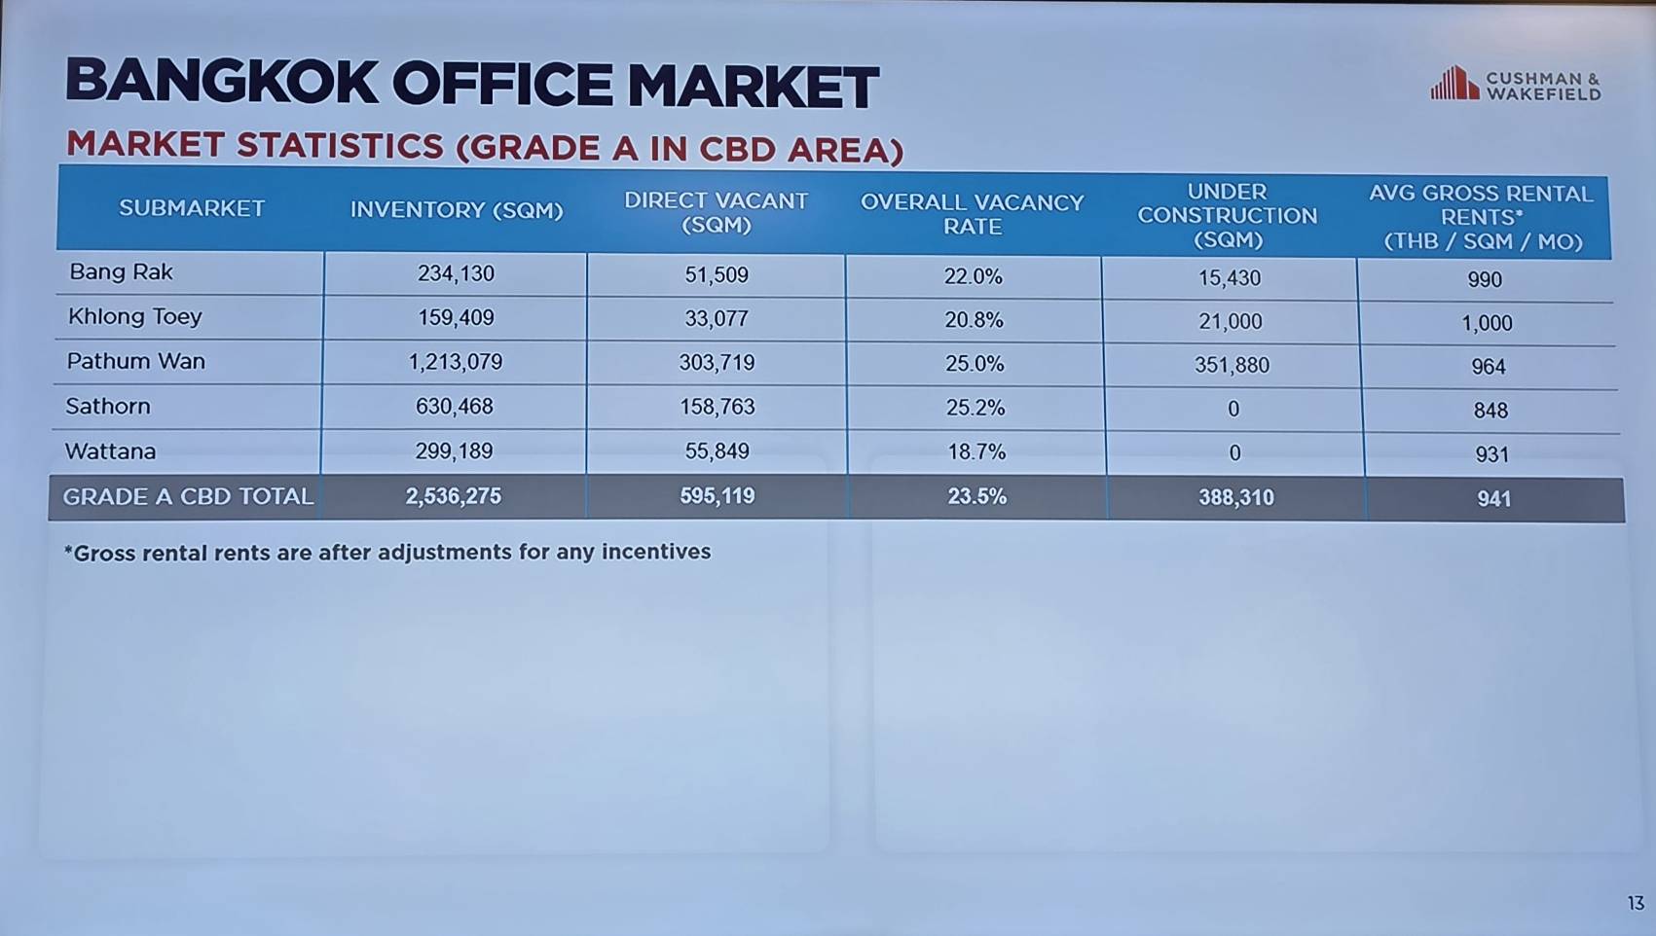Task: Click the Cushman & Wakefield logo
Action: [1516, 84]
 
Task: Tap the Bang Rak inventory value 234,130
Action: [456, 274]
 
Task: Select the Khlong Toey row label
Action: [134, 316]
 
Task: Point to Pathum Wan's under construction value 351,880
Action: [1232, 365]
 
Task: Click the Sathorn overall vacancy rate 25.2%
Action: [975, 408]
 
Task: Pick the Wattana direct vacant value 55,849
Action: [717, 450]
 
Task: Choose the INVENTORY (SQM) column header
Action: [457, 210]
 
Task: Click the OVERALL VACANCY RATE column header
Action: [973, 214]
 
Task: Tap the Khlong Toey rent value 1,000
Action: [1487, 323]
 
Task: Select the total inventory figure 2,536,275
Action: [453, 495]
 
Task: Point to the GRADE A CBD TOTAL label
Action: [188, 496]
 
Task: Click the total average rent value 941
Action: [1493, 499]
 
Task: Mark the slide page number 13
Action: [1636, 903]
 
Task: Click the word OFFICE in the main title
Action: [502, 84]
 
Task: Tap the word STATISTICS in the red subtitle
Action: [340, 145]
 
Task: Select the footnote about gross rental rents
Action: [387, 552]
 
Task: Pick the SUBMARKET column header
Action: [192, 208]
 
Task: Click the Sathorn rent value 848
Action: [1490, 410]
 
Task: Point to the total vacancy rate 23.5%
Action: [976, 496]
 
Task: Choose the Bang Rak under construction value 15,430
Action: [1230, 277]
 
